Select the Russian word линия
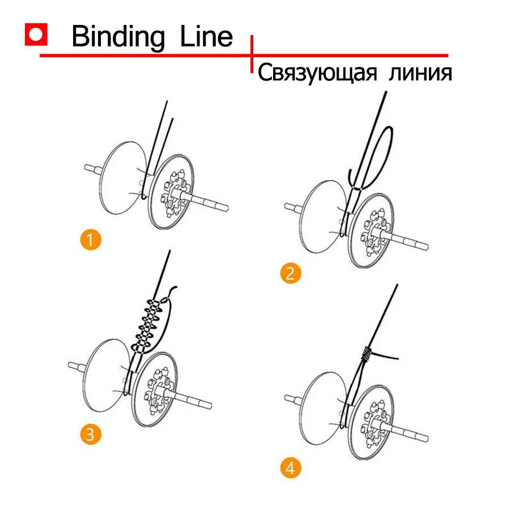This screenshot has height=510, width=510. point(418,73)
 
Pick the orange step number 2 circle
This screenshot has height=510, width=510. point(291,273)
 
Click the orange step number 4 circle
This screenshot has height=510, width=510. point(291,468)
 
